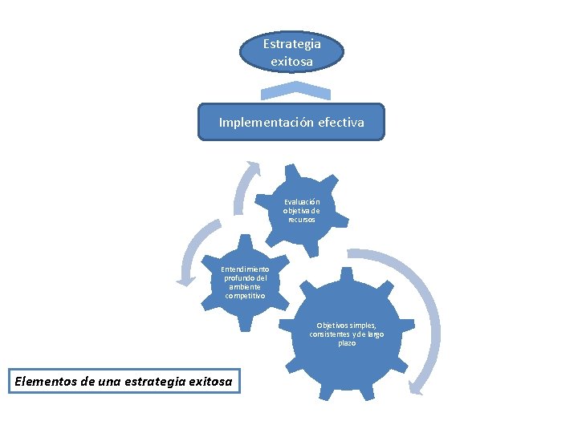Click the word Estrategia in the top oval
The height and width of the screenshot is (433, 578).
click(291, 44)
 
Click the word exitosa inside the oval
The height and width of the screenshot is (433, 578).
click(291, 60)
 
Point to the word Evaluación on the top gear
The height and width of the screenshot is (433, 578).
click(302, 202)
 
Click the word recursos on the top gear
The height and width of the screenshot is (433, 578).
click(302, 219)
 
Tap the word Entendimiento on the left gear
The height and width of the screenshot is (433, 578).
click(246, 269)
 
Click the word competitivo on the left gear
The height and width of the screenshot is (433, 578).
click(246, 296)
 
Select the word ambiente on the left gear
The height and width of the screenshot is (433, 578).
click(246, 287)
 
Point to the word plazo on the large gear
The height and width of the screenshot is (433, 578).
click(347, 343)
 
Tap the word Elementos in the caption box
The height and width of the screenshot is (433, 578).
click(47, 382)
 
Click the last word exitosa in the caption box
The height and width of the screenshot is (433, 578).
click(211, 382)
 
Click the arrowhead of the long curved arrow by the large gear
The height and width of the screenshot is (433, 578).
click(416, 388)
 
